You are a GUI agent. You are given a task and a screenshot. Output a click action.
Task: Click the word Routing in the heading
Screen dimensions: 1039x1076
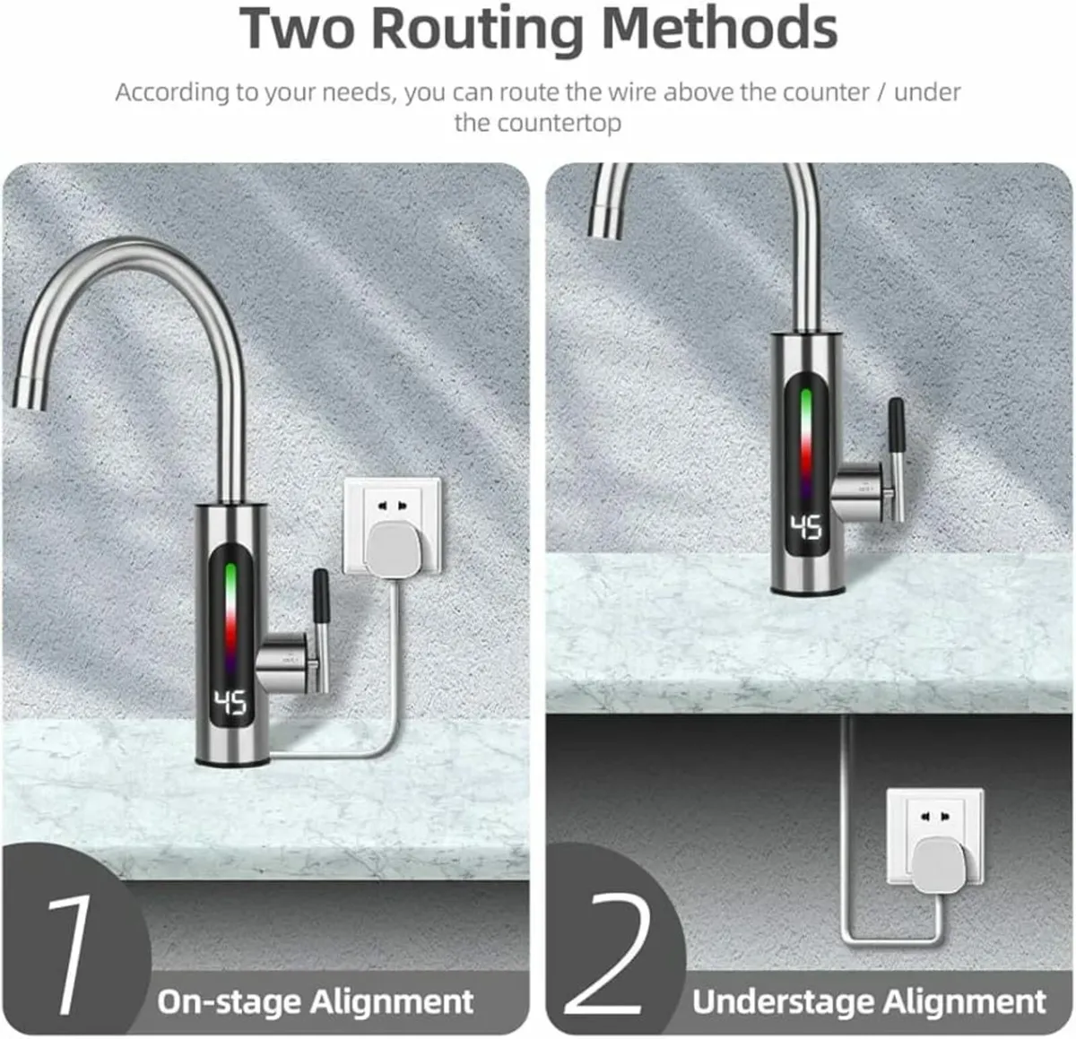click(x=478, y=29)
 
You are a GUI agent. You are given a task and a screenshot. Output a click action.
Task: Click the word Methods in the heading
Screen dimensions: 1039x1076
click(x=719, y=29)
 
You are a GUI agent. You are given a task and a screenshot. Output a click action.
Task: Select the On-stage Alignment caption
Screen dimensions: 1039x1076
click(x=315, y=1000)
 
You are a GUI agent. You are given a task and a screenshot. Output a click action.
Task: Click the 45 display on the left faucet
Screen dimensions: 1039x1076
click(x=230, y=703)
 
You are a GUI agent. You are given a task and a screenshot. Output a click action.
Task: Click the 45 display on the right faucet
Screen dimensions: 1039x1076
click(x=806, y=528)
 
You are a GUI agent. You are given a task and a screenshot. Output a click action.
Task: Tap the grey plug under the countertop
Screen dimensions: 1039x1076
click(x=934, y=858)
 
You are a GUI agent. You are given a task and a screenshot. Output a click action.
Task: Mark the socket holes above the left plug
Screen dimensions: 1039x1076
click(x=391, y=506)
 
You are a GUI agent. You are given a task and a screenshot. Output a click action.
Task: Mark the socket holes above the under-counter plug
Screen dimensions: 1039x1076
click(x=933, y=816)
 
